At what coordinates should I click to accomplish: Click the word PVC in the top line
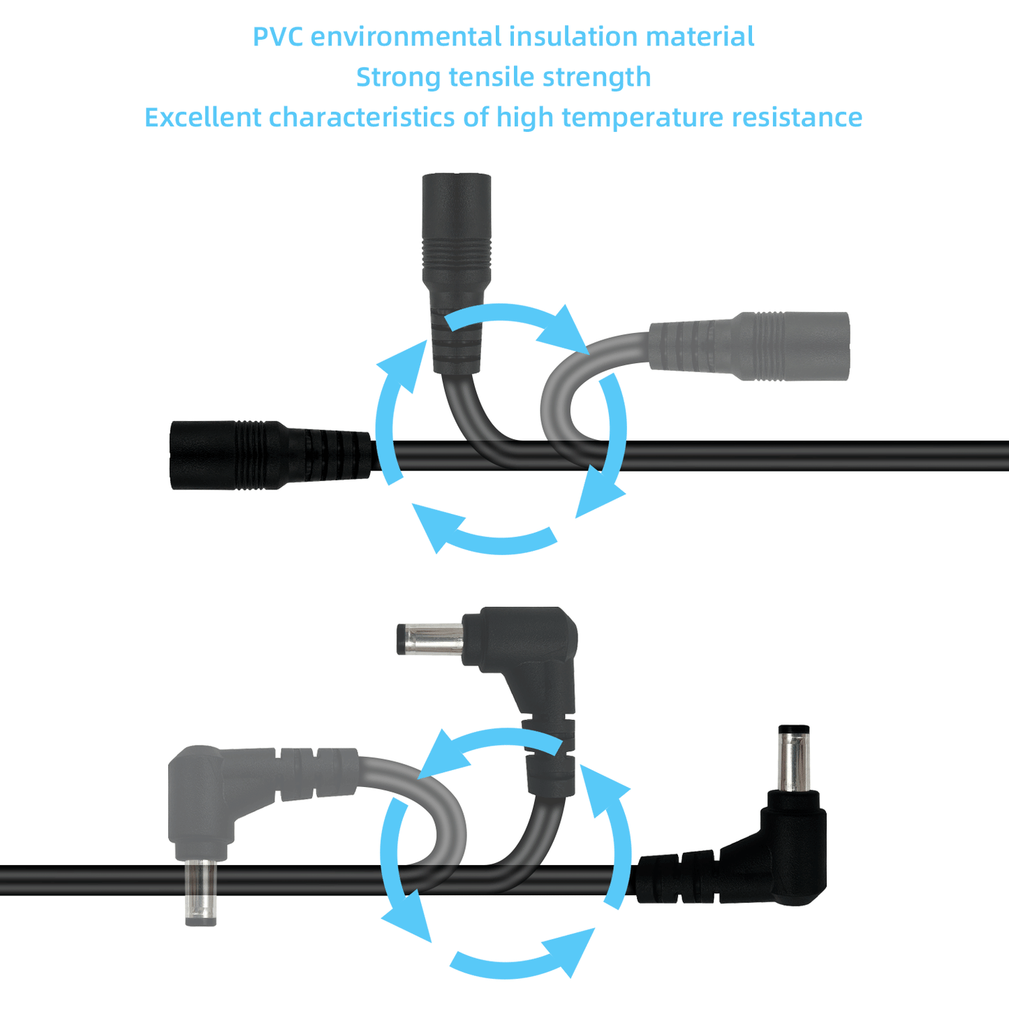[277, 36]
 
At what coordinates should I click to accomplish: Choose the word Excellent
[202, 117]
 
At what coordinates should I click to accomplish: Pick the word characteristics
[362, 117]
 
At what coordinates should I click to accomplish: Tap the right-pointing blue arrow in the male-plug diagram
[520, 958]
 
